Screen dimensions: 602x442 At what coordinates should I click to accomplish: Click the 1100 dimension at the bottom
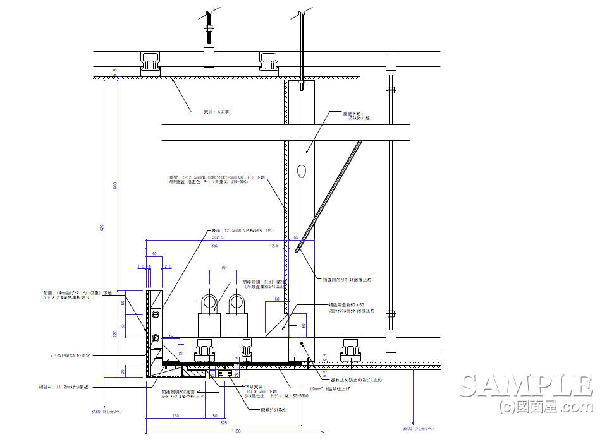tap(235, 431)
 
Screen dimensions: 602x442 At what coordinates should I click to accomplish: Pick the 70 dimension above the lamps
tap(223, 268)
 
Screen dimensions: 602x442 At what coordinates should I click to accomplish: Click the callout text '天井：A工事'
tap(216, 112)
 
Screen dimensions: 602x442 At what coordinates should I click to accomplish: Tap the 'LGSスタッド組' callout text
tap(358, 117)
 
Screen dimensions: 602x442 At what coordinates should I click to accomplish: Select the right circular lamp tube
tap(236, 301)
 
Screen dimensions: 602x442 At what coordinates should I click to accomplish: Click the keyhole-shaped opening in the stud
tap(302, 170)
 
